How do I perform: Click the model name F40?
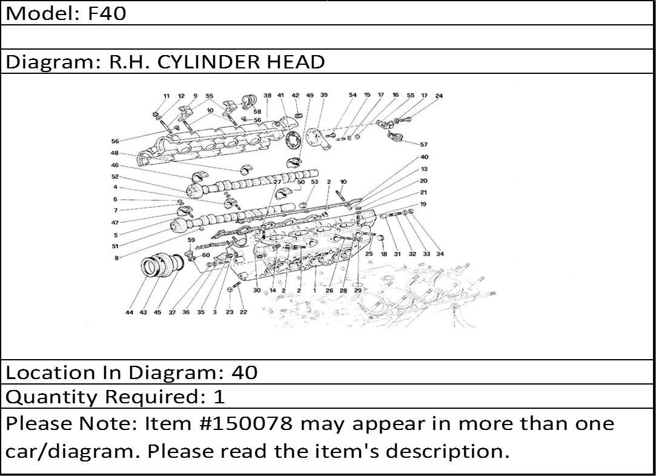(x=107, y=13)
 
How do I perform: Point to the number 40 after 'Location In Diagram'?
(x=244, y=372)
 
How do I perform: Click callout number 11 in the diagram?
(x=166, y=96)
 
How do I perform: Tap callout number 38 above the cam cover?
(x=267, y=95)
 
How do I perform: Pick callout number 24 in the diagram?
(x=439, y=96)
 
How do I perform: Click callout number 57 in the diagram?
(x=424, y=145)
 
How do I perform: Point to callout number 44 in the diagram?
(x=129, y=312)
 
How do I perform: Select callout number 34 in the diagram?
(x=440, y=254)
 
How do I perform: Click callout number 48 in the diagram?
(x=114, y=153)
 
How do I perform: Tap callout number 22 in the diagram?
(x=243, y=312)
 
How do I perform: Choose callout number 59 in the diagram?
(x=191, y=240)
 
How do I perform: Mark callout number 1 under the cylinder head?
(x=314, y=290)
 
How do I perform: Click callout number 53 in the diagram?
(x=314, y=182)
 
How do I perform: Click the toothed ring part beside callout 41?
(x=293, y=140)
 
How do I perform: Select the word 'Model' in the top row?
(x=40, y=13)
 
